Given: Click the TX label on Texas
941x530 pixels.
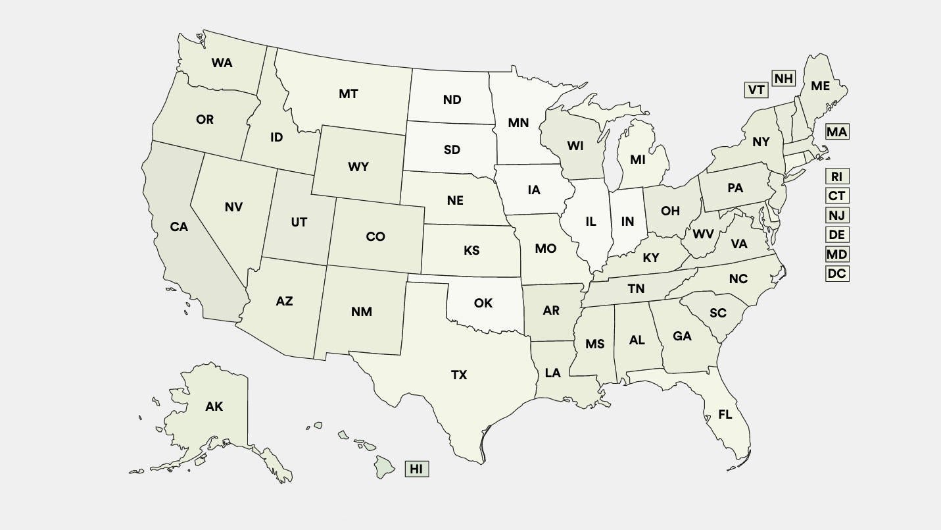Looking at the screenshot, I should coord(459,375).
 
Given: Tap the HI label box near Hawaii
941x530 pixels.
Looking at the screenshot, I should coord(416,469).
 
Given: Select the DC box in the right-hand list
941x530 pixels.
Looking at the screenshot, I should coord(837,274).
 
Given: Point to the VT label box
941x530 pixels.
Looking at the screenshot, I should coord(756,90).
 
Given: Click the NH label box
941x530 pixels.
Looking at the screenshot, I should coord(783,79).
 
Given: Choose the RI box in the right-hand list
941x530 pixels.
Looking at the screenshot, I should coord(837,176).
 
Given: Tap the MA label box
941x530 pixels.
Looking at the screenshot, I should coord(837,132).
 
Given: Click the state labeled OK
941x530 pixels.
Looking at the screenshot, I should coord(483,303).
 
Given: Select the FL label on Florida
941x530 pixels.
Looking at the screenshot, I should coord(725,415).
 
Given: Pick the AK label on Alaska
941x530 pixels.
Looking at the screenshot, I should coord(214,407).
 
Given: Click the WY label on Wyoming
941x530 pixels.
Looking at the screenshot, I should coord(358,167).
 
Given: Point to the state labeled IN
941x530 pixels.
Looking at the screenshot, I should coord(627,223).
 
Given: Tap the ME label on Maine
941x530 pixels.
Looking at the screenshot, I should coord(820,86).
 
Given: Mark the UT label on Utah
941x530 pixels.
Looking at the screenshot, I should coord(299,223).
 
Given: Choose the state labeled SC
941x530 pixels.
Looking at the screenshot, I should coord(717,313).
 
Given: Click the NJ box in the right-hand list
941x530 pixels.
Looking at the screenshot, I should coord(837,215).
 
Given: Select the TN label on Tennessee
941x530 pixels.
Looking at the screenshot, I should coord(636,289).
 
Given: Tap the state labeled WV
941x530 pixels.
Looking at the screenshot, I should coord(703,234).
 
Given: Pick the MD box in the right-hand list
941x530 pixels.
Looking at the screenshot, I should coord(837,254).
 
